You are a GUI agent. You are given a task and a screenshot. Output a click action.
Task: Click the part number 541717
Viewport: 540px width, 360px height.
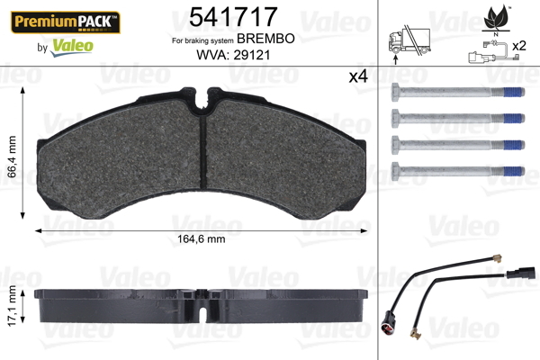(233, 16)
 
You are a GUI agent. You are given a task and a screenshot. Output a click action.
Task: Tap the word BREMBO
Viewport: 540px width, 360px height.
(265, 39)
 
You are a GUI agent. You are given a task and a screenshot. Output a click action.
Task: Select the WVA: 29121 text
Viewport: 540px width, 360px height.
(233, 55)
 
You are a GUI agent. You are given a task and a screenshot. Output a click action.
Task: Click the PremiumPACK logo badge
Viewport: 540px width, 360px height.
(66, 22)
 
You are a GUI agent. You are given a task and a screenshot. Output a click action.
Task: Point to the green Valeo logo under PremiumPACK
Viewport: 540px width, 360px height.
(72, 47)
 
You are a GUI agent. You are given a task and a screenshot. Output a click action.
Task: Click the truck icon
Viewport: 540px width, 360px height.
(409, 40)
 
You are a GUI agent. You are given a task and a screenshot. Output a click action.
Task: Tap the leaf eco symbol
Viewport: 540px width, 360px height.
(496, 17)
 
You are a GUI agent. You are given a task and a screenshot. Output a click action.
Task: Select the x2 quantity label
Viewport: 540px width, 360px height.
(519, 46)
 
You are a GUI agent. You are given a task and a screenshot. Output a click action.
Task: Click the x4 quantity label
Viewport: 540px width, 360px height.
(358, 76)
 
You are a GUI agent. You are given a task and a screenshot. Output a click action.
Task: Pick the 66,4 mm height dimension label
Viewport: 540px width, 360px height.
(12, 157)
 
